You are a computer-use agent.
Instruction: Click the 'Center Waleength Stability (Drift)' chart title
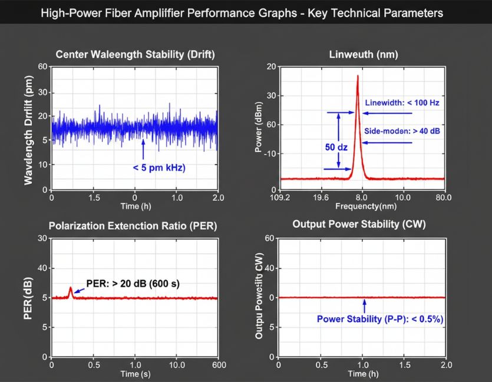point(135,54)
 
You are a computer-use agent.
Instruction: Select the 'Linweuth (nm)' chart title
point(363,54)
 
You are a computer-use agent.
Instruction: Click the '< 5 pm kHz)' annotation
point(159,168)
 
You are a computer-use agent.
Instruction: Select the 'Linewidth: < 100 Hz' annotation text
point(402,102)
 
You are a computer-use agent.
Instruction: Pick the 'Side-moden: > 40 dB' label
point(402,131)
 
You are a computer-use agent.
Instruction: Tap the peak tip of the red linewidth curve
point(357,76)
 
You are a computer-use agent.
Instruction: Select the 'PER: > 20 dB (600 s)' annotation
point(133,284)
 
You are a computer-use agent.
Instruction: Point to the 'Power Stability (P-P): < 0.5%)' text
point(379,319)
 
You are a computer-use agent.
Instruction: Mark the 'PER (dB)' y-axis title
point(27,298)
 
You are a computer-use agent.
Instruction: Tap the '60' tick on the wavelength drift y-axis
point(42,67)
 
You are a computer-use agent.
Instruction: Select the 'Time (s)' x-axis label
point(135,374)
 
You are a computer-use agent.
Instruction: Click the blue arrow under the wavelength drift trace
point(143,144)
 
